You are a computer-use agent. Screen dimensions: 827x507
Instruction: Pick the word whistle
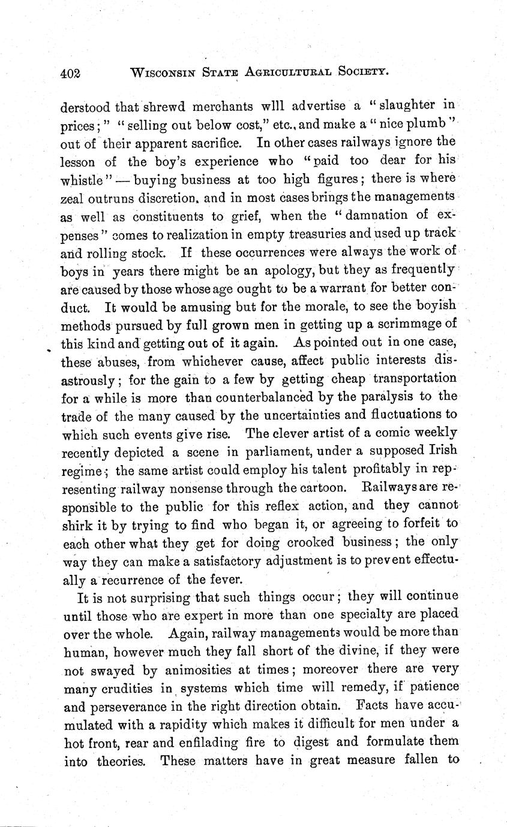(85, 179)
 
